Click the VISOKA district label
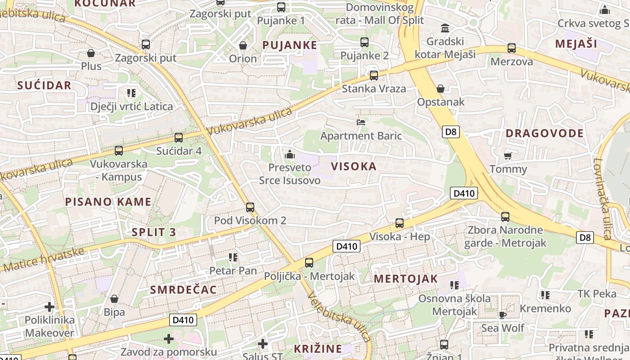pos(354,166)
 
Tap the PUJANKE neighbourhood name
pos(290,45)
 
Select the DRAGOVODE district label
pos(544,133)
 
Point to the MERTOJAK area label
pos(406,279)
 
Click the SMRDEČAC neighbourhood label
pos(184,289)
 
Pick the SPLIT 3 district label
pos(154,232)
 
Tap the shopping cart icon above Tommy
pos(508,156)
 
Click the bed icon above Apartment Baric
pos(361,122)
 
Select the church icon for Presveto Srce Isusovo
pos(290,154)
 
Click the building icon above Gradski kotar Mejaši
pos(445,28)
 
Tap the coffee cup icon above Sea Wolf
pos(503,315)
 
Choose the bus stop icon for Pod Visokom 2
pos(250,207)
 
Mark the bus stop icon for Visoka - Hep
pos(399,223)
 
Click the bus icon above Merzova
pos(512,48)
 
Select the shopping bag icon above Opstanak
pos(441,89)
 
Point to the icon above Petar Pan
pos(233,257)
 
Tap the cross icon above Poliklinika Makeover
pos(49,307)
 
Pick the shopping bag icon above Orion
pos(243,45)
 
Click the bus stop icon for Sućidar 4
pos(179,138)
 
